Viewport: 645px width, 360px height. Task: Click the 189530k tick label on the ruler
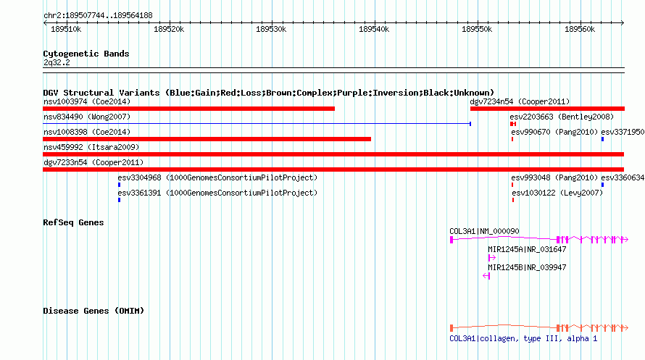(271, 29)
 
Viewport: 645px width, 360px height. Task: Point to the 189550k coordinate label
(477, 29)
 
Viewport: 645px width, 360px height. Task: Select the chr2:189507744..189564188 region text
(98, 16)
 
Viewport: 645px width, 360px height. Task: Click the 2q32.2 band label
(57, 62)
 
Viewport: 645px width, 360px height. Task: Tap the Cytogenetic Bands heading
(86, 54)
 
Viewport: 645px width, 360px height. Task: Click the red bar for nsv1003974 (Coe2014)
(189, 109)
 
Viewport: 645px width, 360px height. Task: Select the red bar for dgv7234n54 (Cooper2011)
(547, 109)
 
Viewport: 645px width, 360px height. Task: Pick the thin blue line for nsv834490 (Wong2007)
(257, 123)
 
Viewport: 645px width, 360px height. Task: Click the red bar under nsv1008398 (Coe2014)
(207, 139)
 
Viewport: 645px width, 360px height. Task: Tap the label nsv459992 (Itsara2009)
(91, 147)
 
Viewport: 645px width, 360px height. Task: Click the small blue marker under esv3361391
(120, 200)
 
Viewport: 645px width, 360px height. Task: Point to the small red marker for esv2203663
(513, 124)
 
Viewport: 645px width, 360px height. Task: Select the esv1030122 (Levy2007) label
(557, 193)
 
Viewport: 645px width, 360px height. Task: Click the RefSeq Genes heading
(73, 223)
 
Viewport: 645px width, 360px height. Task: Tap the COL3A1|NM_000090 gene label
(484, 231)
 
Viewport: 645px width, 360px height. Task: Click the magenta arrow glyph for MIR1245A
(491, 258)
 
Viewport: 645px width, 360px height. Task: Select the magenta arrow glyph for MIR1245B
(486, 276)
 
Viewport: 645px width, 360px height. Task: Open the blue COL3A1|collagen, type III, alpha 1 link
(523, 338)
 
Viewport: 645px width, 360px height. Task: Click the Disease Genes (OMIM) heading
(93, 311)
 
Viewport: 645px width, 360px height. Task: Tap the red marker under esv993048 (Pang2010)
(512, 185)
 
